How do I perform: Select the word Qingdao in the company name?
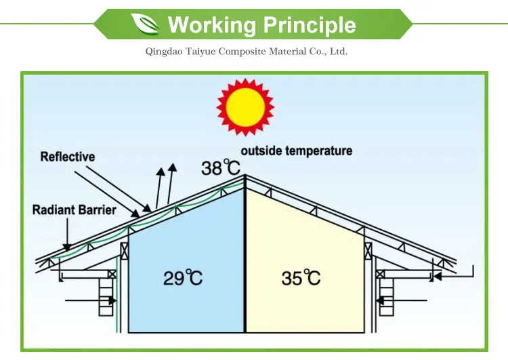(x=163, y=52)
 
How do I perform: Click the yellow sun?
(x=244, y=106)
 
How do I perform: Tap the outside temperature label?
(x=297, y=151)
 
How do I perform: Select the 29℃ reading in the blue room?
(x=182, y=277)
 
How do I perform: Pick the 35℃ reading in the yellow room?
(x=301, y=277)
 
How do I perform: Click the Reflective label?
(x=68, y=157)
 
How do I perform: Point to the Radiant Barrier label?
(x=73, y=209)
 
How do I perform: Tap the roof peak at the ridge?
(x=245, y=177)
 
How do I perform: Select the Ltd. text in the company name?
(x=338, y=52)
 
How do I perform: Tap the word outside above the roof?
(x=261, y=151)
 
